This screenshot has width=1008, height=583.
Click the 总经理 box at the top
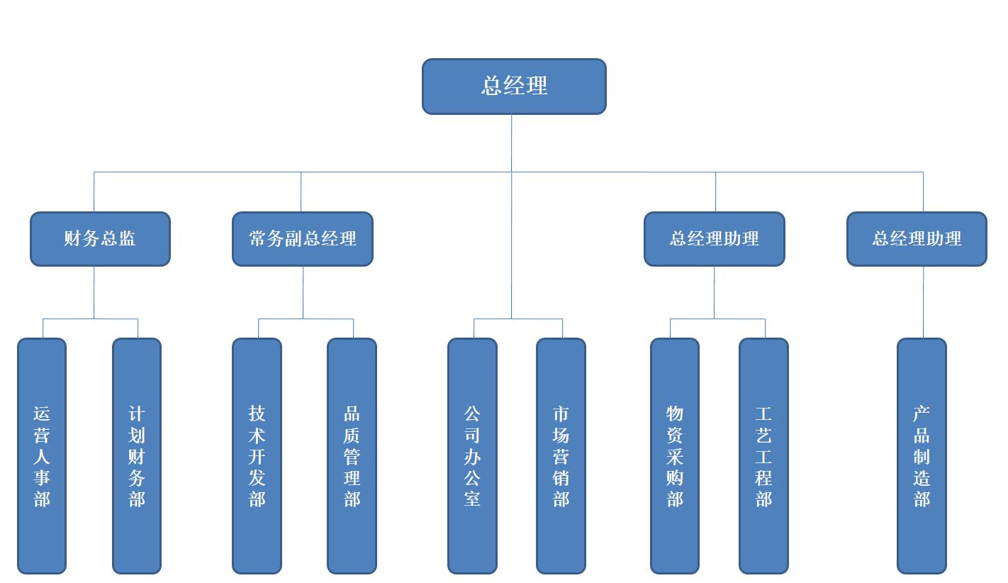(514, 87)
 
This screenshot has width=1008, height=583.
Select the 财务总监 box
(100, 239)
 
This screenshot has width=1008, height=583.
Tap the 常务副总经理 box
(303, 239)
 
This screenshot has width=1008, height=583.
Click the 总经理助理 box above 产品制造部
(917, 239)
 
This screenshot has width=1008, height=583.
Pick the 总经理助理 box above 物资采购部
(714, 239)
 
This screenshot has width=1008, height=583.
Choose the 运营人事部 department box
(42, 455)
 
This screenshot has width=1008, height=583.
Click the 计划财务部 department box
(137, 455)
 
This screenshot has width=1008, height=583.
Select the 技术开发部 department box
(257, 455)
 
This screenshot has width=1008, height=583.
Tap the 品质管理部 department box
(352, 455)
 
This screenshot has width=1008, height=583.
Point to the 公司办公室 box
(472, 455)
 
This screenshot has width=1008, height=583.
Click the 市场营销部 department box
(561, 455)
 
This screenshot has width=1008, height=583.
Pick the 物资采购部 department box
(675, 455)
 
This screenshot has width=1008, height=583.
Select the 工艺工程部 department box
(763, 455)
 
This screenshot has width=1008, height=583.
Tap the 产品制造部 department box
(922, 455)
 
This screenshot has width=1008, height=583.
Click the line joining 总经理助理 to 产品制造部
(923, 302)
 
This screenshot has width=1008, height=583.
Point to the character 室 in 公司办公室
(472, 499)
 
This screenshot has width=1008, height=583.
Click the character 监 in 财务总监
(128, 239)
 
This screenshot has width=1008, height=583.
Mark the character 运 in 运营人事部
(42, 413)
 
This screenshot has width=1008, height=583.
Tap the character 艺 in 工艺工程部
(763, 435)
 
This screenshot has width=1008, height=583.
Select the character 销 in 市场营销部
(561, 477)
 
